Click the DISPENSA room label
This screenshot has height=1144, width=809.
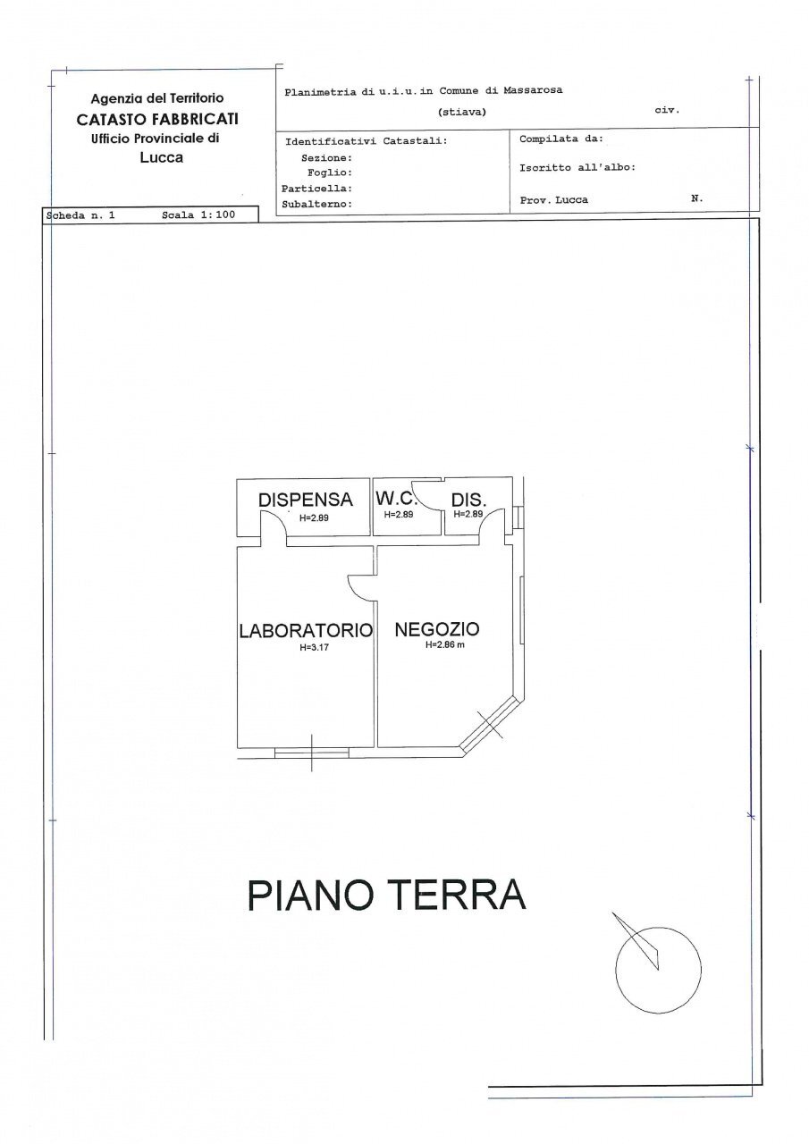click(306, 500)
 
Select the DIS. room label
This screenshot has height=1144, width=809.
click(468, 500)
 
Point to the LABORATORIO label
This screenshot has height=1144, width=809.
click(305, 630)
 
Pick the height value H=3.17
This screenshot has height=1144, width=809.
click(316, 648)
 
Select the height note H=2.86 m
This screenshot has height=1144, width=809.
click(445, 646)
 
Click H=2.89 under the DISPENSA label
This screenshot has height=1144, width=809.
click(314, 517)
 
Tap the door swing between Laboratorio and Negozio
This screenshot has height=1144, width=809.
click(359, 587)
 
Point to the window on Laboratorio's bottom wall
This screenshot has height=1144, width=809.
click(311, 753)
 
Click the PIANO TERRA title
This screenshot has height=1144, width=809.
click(386, 895)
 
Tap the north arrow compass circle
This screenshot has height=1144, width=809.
click(658, 971)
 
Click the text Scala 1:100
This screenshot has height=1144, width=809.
click(198, 215)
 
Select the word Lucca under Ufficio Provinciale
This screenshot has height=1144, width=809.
click(161, 157)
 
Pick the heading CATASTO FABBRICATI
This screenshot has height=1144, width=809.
click(157, 119)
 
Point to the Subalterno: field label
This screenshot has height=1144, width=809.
click(316, 204)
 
